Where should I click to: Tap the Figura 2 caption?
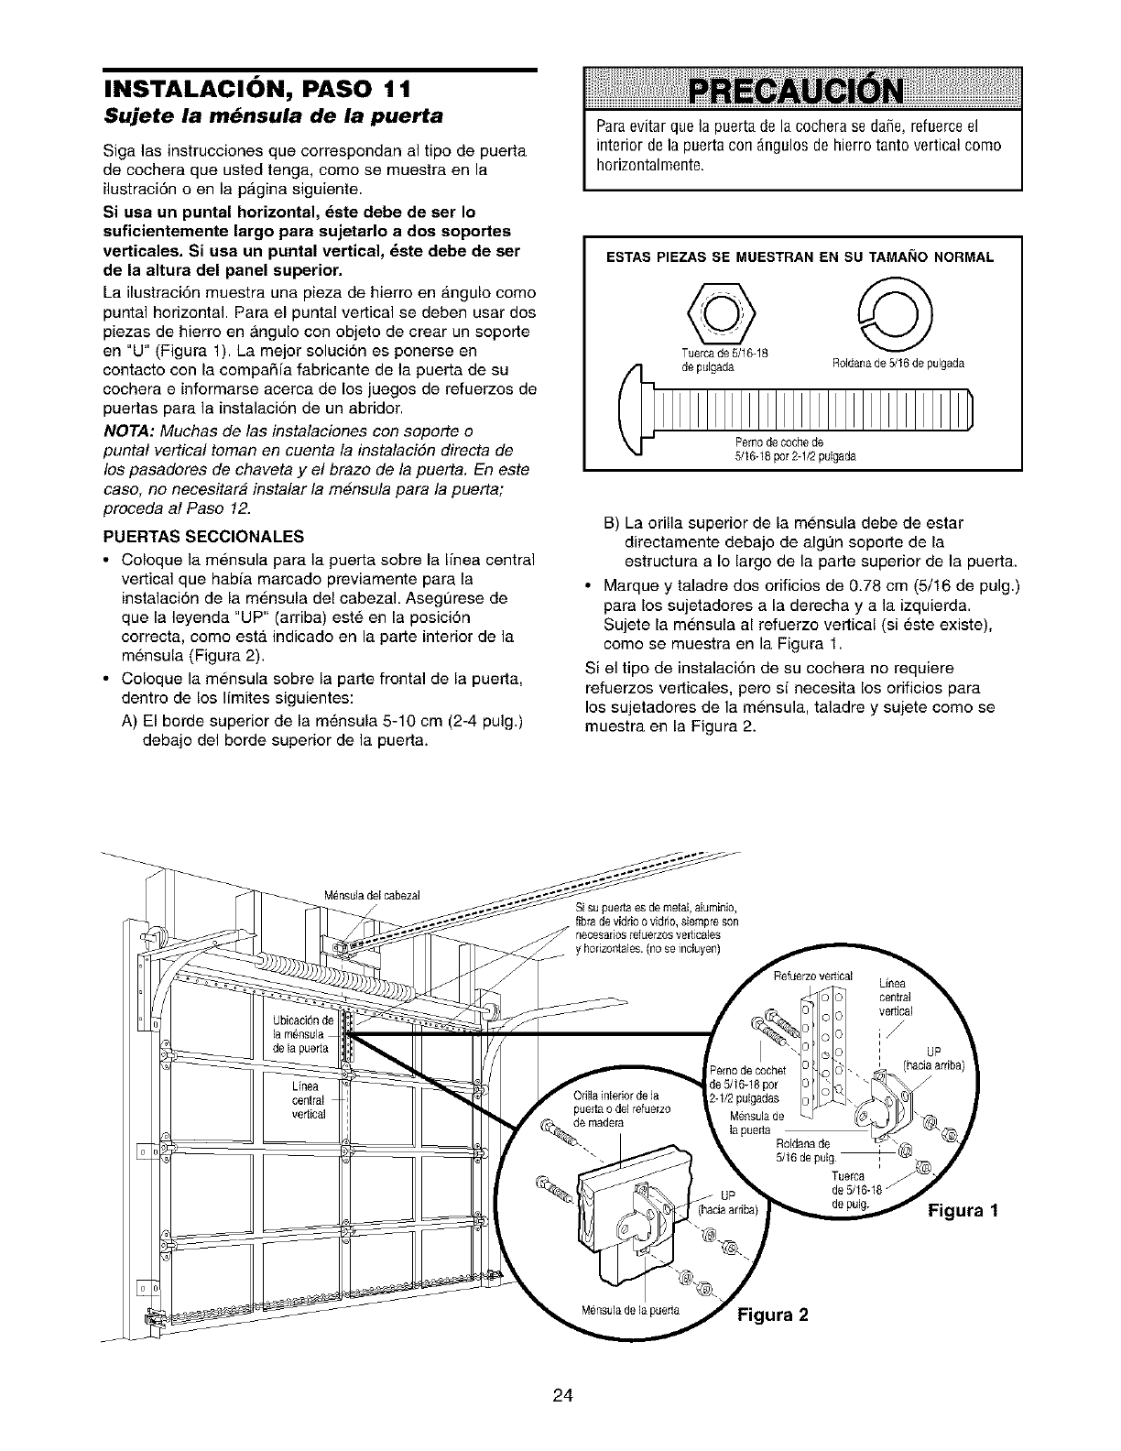tap(774, 1316)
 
